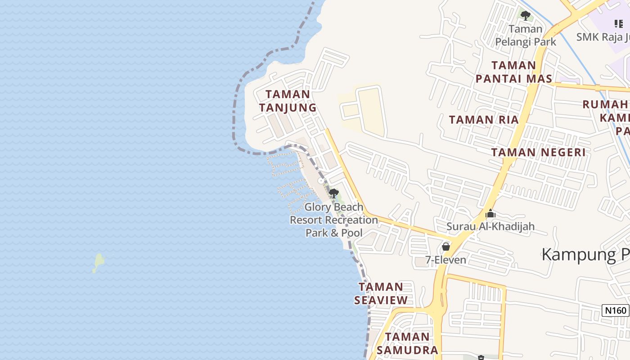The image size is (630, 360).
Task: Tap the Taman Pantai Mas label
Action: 514,72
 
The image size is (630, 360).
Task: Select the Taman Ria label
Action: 484,120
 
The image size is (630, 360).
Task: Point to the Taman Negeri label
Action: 538,152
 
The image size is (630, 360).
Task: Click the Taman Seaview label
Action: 381,293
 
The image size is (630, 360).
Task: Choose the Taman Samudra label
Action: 407,343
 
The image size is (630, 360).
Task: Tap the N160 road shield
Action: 615,310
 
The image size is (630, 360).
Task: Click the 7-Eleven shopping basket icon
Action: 445,246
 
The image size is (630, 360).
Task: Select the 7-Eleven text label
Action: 446,260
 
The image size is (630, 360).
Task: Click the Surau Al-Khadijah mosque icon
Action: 490,213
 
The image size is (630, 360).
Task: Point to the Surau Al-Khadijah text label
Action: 490,226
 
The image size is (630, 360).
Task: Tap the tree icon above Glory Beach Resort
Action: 333,193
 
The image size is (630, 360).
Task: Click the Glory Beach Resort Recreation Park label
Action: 334,220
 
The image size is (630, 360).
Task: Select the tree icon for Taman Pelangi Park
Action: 525,16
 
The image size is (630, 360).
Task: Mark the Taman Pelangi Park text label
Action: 526,36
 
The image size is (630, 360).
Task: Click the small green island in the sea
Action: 99,262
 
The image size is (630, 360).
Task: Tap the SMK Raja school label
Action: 603,36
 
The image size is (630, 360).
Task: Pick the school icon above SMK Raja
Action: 619,23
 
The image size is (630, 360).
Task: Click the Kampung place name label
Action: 585,255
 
